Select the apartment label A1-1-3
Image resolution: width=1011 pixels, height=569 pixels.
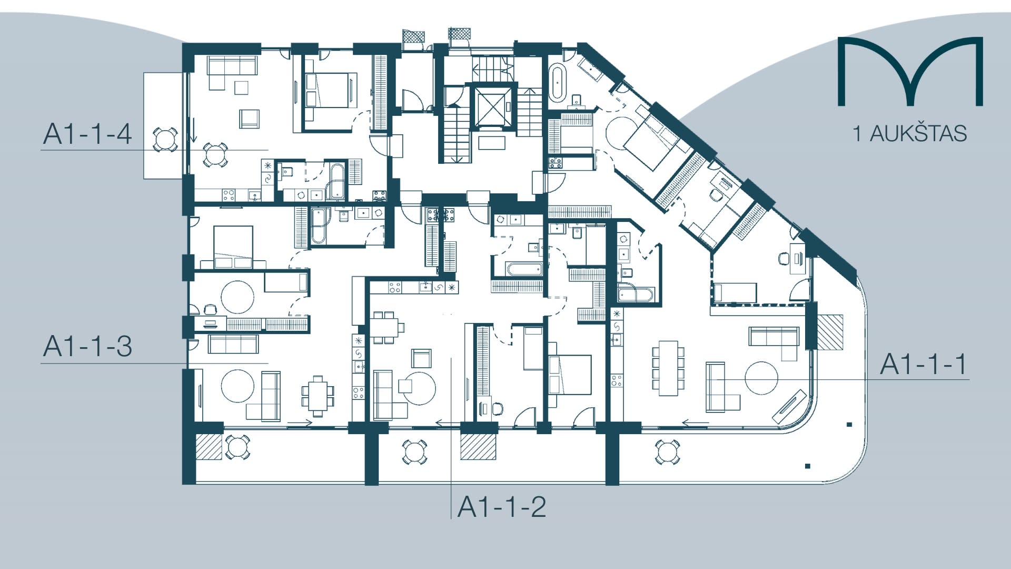pos(87,346)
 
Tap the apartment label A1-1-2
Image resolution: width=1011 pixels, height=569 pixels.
pos(501,507)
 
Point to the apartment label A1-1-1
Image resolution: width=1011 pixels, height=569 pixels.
pos(924,364)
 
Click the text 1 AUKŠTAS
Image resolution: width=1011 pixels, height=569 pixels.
pos(910,134)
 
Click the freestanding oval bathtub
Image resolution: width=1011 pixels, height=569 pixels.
pos(558,83)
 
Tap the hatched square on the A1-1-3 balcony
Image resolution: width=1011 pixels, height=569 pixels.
pos(210,446)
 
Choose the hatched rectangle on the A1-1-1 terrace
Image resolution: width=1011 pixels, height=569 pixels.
pos(829,332)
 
